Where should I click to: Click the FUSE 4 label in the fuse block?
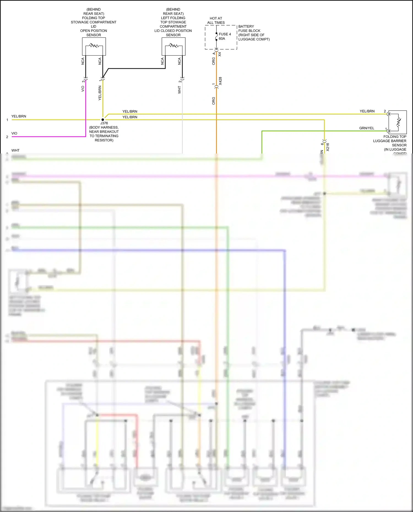pyautogui.click(x=225, y=34)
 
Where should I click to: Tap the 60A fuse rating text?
pyautogui.click(x=222, y=39)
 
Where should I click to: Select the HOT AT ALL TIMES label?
pyautogui.click(x=216, y=20)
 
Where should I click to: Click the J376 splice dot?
pyautogui.click(x=103, y=120)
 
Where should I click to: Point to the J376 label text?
pyautogui.click(x=104, y=123)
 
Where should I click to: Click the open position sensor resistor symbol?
pyautogui.click(x=94, y=45)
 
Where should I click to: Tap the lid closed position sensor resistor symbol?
pyautogui.click(x=173, y=45)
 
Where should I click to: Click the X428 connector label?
pyautogui.click(x=220, y=81)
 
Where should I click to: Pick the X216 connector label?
pyautogui.click(x=328, y=147)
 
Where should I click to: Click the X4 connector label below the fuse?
pyautogui.click(x=219, y=54)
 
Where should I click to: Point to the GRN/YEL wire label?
pyautogui.click(x=366, y=128)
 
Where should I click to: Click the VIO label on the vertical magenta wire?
pyautogui.click(x=83, y=89)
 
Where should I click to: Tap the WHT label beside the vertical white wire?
pyautogui.click(x=179, y=90)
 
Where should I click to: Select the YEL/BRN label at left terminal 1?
pyautogui.click(x=19, y=116)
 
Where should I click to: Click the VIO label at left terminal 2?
pyautogui.click(x=14, y=133)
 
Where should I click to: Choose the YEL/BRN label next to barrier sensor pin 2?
pyautogui.click(x=367, y=111)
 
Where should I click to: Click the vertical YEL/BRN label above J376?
pyautogui.click(x=100, y=93)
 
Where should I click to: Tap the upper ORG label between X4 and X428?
pyautogui.click(x=213, y=61)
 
